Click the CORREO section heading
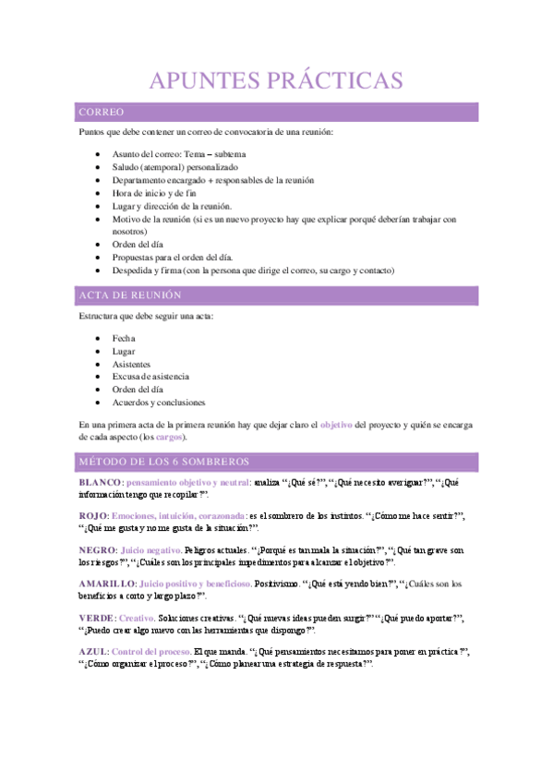click(102, 113)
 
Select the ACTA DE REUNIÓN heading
click(130, 295)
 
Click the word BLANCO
click(100, 483)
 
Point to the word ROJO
click(93, 515)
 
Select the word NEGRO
click(97, 549)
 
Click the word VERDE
click(96, 618)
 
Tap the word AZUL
click(93, 652)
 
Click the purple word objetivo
click(336, 425)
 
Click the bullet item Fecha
click(124, 338)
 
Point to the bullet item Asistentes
click(133, 364)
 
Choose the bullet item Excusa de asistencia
click(150, 377)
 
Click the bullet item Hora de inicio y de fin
click(154, 193)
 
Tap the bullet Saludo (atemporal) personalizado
click(174, 167)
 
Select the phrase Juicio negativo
click(152, 549)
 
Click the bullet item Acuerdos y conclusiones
click(158, 403)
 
